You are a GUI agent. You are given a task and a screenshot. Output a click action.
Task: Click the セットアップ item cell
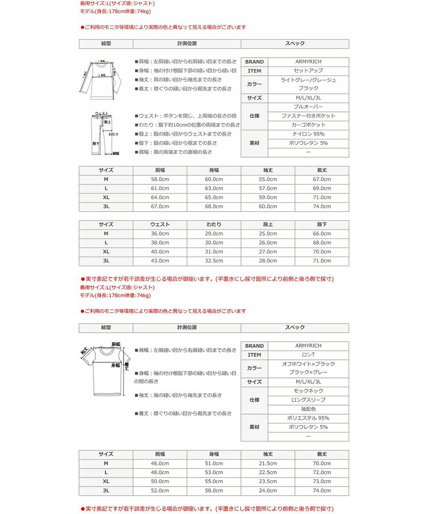pos(308,71)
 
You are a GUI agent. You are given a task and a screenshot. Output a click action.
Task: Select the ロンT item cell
pos(308,355)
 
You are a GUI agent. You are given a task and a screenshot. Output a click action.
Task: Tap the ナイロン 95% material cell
pos(308,134)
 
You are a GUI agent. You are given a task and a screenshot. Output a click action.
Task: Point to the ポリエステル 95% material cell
pos(308,418)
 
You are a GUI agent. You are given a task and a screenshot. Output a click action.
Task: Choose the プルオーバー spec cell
pos(308,107)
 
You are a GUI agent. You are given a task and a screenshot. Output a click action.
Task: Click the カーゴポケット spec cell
pos(308,125)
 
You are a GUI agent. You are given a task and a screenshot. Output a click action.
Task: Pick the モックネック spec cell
pos(308,391)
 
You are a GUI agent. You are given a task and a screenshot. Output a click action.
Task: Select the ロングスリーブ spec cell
pos(308,400)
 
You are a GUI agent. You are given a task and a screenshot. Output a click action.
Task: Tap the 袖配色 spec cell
pos(308,409)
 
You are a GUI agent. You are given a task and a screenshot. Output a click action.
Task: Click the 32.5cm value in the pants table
pos(214,261)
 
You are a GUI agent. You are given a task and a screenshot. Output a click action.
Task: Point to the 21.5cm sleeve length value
pos(268,463)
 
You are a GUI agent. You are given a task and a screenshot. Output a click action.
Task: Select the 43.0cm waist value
pos(160,261)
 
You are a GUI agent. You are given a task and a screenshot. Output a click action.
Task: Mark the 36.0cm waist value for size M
pos(160,234)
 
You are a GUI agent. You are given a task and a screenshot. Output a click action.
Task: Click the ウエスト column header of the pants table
pos(160,224)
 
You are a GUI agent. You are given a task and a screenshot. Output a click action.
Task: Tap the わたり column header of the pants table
pos(214,224)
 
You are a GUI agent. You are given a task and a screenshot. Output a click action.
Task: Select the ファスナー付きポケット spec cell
pos(308,116)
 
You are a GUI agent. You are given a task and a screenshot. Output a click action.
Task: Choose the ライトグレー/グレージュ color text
pos(308,80)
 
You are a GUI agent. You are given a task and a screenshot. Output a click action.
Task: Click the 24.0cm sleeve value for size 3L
pos(268,491)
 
